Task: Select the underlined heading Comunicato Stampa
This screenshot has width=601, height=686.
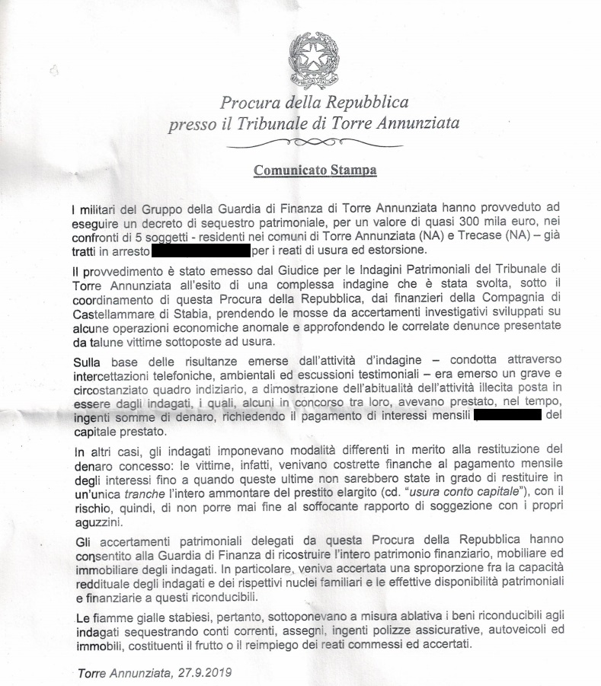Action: point(315,169)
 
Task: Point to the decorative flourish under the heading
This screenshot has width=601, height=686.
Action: point(314,142)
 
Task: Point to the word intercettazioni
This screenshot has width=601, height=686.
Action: point(119,373)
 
